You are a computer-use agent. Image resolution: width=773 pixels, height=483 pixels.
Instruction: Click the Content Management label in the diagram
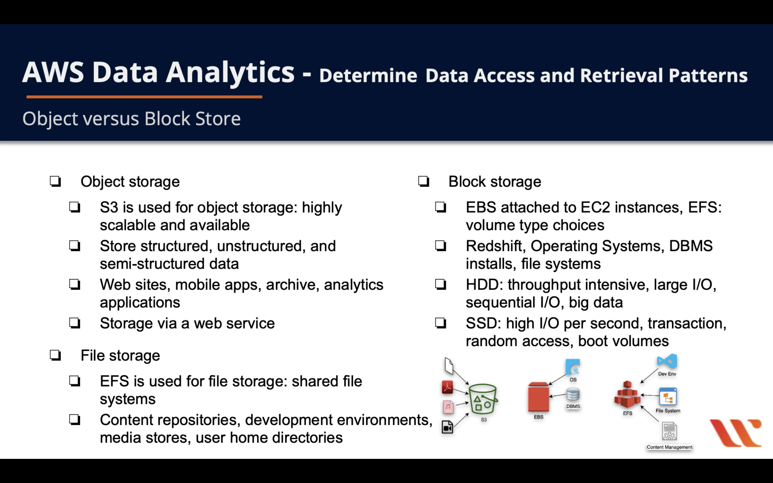pos(669,447)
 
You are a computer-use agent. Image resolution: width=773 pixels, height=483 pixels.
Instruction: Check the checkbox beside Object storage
pos(55,181)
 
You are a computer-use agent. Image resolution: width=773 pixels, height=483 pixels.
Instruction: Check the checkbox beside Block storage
pos(424,181)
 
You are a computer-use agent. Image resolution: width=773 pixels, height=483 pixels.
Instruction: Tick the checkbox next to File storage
pos(55,355)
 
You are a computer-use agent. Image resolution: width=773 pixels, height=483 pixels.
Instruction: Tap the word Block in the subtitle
pos(167,119)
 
